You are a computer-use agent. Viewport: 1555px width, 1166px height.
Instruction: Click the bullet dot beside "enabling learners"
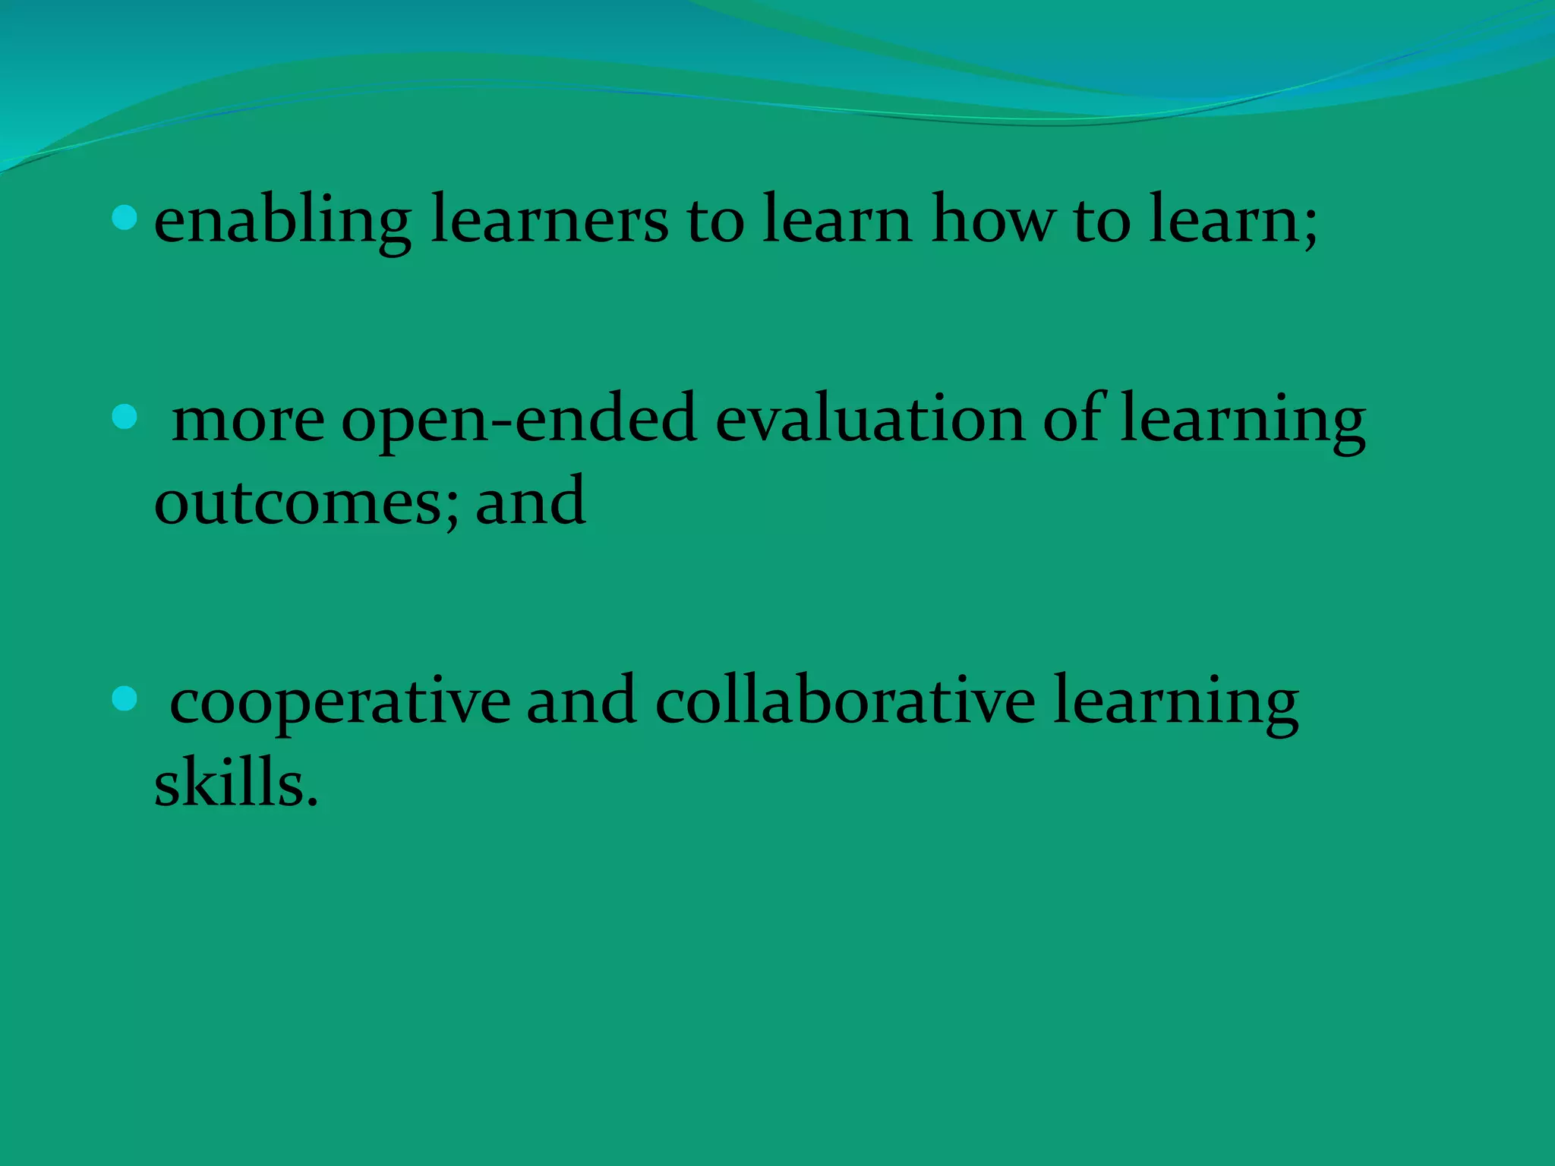(124, 219)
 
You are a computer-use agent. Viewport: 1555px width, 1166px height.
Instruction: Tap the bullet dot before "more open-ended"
(124, 417)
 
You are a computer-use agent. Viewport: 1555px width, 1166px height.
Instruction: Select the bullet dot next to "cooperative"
(124, 698)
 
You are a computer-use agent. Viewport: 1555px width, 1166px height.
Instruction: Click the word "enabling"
(282, 222)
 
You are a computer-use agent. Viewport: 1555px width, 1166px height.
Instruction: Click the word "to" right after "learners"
(715, 222)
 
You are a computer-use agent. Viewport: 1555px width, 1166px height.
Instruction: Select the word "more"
(248, 422)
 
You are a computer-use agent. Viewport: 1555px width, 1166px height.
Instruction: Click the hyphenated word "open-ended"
(519, 422)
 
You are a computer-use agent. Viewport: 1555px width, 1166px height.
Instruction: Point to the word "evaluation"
(870, 421)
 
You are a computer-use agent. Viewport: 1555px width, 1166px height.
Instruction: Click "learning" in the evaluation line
(1242, 422)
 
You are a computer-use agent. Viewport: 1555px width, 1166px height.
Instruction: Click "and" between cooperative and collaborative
(581, 701)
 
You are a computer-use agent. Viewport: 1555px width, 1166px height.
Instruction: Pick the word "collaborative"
(844, 701)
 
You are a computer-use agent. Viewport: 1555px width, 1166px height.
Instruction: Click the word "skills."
(235, 783)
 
